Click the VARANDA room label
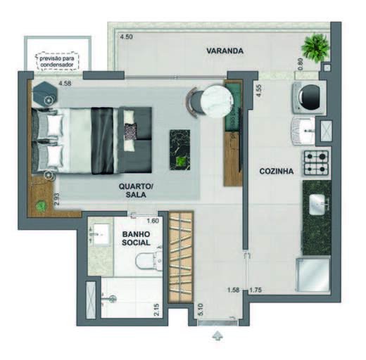[225, 51]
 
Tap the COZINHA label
[277, 171]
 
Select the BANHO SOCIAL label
[136, 238]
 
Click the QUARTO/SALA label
[136, 191]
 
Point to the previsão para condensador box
[57, 62]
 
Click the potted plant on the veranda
[315, 48]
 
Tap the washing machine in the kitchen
[309, 97]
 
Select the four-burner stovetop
[316, 163]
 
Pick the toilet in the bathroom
[149, 262]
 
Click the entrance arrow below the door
[217, 335]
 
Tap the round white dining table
[217, 101]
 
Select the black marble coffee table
[180, 150]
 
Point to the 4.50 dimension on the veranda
[127, 37]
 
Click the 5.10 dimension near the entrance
[201, 309]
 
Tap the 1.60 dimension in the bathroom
[153, 221]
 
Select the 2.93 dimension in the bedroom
[56, 200]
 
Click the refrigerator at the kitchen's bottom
[313, 274]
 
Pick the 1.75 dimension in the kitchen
[255, 290]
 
